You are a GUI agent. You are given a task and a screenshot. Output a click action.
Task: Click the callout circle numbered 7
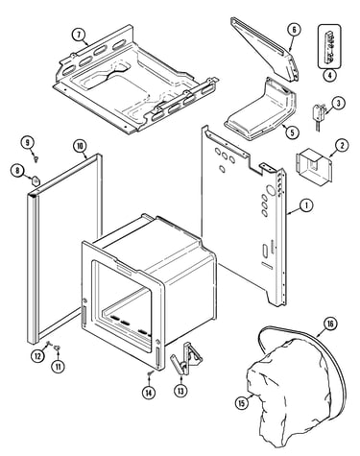(x=80, y=35)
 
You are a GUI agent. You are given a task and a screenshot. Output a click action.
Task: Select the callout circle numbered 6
(x=294, y=30)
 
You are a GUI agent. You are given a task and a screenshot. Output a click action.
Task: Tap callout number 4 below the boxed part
(x=329, y=76)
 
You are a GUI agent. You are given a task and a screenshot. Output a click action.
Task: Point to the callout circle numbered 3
(x=338, y=103)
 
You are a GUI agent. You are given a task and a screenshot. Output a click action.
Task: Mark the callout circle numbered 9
(x=28, y=142)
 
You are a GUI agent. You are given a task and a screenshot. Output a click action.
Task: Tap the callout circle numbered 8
(x=17, y=170)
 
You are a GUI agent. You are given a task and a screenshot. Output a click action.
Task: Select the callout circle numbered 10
(x=80, y=146)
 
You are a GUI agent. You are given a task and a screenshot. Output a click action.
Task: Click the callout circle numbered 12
(x=37, y=355)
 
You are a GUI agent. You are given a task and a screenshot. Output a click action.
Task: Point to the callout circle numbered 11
(x=58, y=366)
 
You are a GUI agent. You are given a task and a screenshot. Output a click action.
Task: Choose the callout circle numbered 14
(x=149, y=393)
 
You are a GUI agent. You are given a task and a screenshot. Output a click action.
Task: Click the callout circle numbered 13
(x=180, y=390)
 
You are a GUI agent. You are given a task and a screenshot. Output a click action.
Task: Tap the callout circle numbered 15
(x=242, y=402)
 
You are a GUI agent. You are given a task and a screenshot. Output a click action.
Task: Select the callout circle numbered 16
(x=330, y=324)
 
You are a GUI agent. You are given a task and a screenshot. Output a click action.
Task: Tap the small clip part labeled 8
(x=36, y=180)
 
